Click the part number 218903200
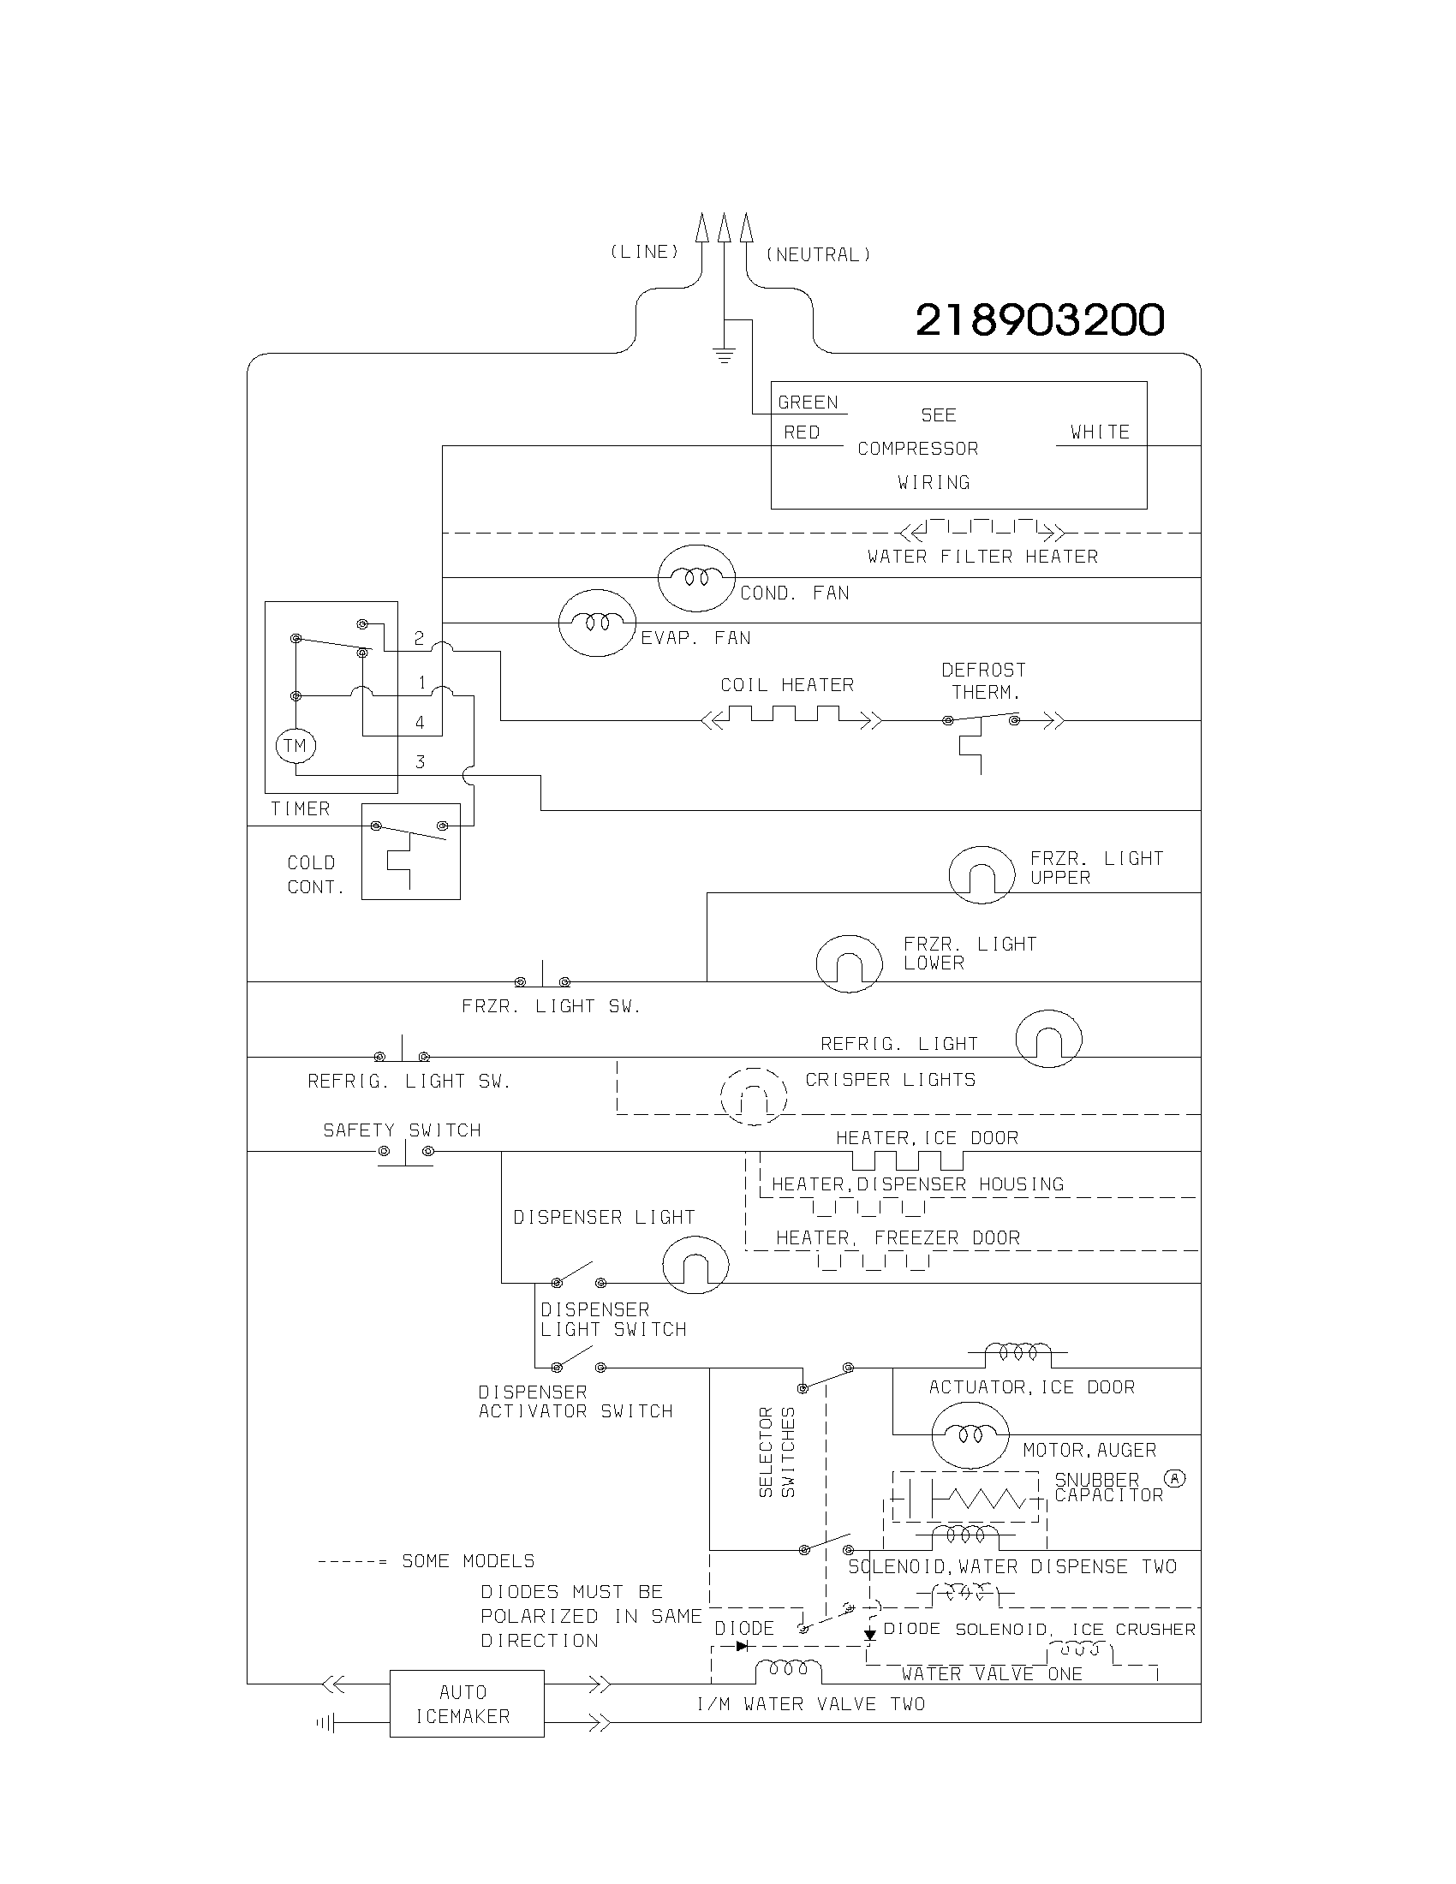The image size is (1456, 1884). click(1040, 320)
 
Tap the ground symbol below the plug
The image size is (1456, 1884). click(724, 354)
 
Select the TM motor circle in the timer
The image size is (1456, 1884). click(295, 745)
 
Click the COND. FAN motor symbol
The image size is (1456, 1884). click(696, 578)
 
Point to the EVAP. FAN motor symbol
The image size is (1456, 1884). click(597, 623)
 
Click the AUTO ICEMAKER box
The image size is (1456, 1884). click(467, 1703)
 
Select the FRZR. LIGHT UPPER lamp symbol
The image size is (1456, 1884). click(982, 874)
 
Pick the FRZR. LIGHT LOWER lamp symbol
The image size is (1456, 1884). click(849, 963)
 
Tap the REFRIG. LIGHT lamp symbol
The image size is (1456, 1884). click(1048, 1039)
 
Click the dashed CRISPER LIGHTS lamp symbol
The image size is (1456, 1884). click(754, 1096)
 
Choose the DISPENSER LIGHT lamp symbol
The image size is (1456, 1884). click(695, 1265)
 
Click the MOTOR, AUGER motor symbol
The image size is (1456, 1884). click(970, 1434)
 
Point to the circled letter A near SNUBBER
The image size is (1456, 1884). click(1175, 1479)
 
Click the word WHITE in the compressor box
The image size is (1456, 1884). click(1100, 432)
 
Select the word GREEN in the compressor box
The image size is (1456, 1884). click(808, 402)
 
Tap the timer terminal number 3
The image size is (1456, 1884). click(420, 761)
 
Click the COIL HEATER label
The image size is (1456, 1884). click(786, 685)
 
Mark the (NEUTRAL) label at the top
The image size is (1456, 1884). click(818, 254)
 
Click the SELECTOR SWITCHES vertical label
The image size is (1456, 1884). click(776, 1452)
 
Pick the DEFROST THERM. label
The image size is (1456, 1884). click(983, 681)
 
